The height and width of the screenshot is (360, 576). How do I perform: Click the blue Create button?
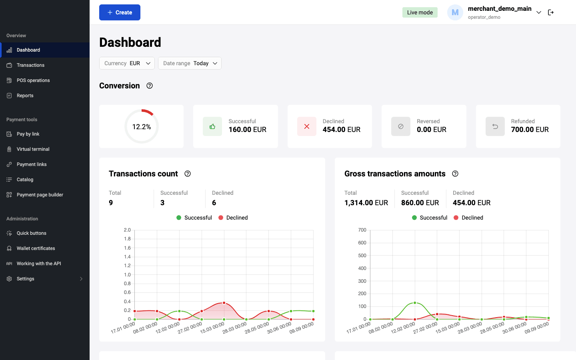(120, 12)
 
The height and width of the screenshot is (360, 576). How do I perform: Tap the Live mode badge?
(420, 12)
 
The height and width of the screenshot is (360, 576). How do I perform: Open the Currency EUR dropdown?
(127, 63)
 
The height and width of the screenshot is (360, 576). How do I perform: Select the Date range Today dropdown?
(190, 63)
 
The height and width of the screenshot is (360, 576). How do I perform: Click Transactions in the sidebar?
(30, 65)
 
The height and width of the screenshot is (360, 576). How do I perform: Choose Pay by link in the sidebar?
(28, 134)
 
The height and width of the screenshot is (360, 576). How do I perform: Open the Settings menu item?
(25, 279)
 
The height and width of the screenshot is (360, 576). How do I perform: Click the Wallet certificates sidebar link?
(36, 248)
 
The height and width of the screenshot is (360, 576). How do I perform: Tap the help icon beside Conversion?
(150, 86)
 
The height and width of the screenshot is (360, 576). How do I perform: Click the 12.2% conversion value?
(142, 127)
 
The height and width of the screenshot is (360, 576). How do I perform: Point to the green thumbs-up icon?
(212, 126)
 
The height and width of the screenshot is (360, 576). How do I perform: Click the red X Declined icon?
(306, 126)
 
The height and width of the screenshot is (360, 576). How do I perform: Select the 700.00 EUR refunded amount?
(530, 130)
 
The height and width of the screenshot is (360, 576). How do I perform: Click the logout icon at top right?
(551, 12)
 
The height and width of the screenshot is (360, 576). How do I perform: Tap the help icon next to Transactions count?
(188, 174)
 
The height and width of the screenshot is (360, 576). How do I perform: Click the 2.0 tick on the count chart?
(127, 230)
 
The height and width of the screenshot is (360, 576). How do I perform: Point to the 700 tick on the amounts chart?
(362, 230)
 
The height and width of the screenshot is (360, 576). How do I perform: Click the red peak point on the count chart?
(224, 303)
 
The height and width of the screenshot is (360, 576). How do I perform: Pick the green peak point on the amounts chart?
(415, 303)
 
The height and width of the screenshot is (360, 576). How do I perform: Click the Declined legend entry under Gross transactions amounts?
(468, 218)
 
